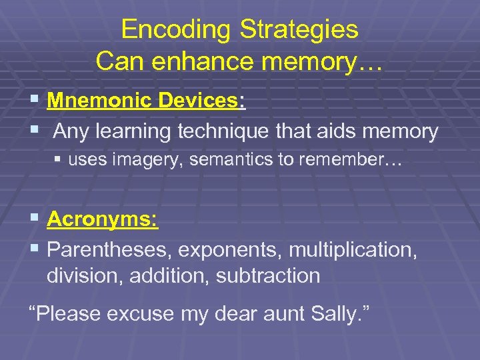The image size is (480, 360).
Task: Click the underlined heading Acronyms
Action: (103, 219)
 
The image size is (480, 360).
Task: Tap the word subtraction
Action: (268, 275)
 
